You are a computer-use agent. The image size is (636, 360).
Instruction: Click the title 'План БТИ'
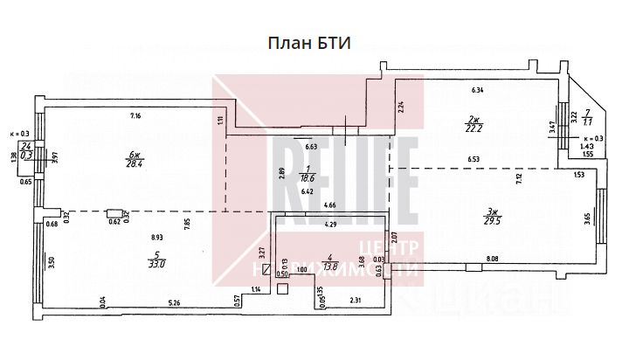[x=308, y=44]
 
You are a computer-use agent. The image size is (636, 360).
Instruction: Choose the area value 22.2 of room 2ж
[x=474, y=127]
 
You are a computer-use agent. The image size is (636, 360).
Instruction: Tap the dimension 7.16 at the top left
[x=135, y=116]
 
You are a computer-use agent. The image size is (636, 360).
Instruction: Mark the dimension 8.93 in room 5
[x=158, y=237]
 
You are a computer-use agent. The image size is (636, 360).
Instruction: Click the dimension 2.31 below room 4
[x=356, y=301]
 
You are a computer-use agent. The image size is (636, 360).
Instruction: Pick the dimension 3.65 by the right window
[x=587, y=216]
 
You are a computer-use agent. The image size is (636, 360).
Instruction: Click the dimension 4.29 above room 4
[x=331, y=225]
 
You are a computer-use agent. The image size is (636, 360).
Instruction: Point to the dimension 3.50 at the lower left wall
[x=52, y=260]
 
